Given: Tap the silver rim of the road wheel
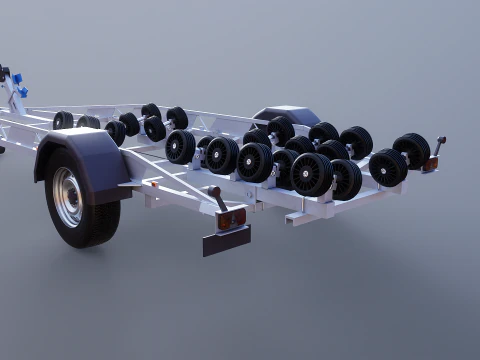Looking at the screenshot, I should coord(68,196).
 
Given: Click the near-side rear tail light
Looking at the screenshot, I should coord(232,217).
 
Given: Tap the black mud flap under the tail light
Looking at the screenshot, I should coord(226,240).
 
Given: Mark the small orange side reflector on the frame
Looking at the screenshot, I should coord(153,183).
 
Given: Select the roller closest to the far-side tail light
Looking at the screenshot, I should coord(411,149).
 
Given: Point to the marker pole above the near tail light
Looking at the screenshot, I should coord(216,197).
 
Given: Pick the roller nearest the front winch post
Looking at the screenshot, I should coord(63,120).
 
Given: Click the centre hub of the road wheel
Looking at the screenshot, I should coord(67,196).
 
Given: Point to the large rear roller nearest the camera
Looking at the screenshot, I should coord(311,173).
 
